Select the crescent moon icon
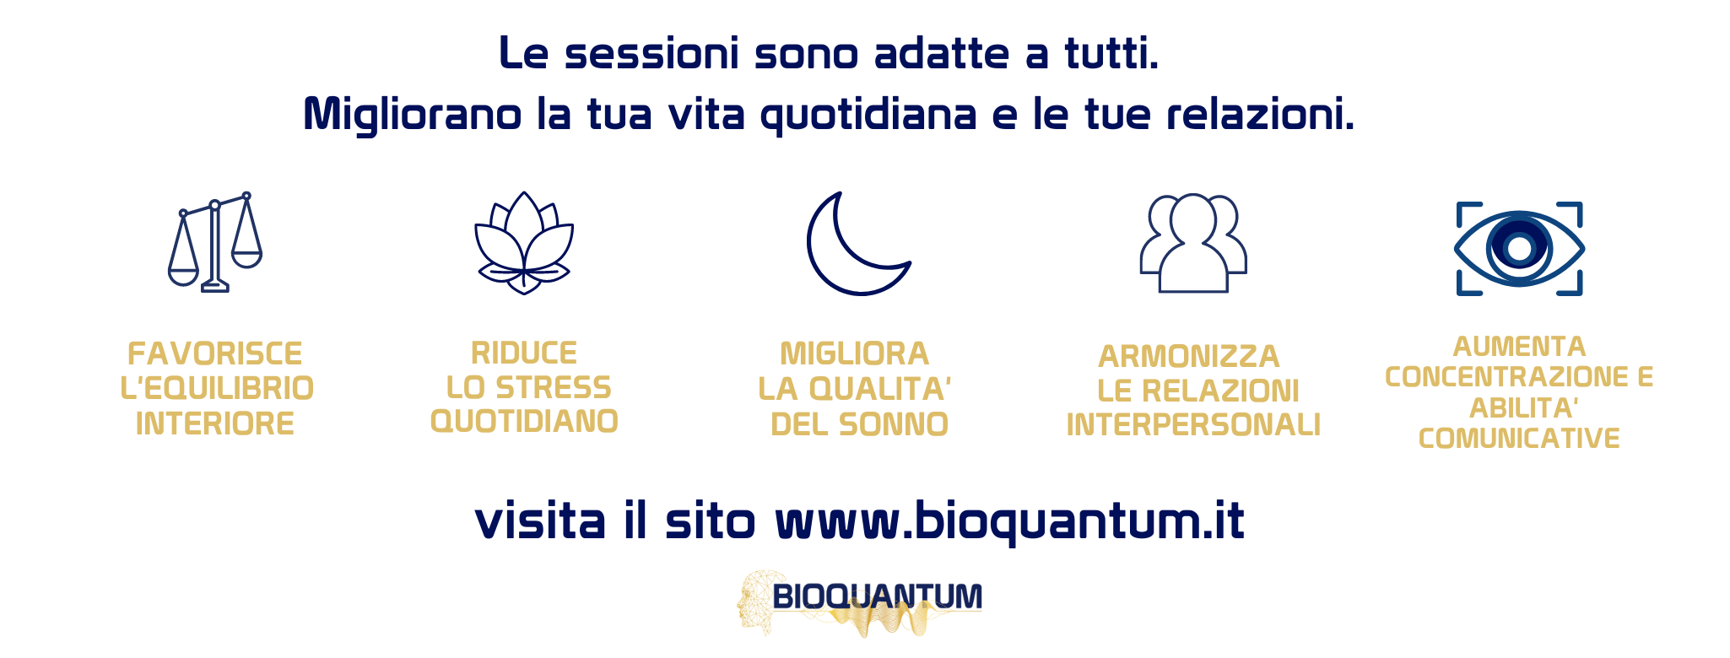tap(844, 270)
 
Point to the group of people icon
tap(1193, 244)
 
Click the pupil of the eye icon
tap(1519, 249)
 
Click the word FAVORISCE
tap(214, 353)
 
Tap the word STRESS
tap(554, 387)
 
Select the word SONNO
tap(894, 424)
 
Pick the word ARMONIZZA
tap(1189, 357)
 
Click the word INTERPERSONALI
tap(1193, 425)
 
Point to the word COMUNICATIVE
tap(1519, 439)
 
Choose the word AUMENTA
tap(1519, 347)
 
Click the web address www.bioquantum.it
tap(1009, 521)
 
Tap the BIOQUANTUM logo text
tap(878, 596)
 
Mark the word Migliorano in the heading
tap(413, 116)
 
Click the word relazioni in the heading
tap(1261, 115)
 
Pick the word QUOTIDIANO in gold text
tap(524, 421)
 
